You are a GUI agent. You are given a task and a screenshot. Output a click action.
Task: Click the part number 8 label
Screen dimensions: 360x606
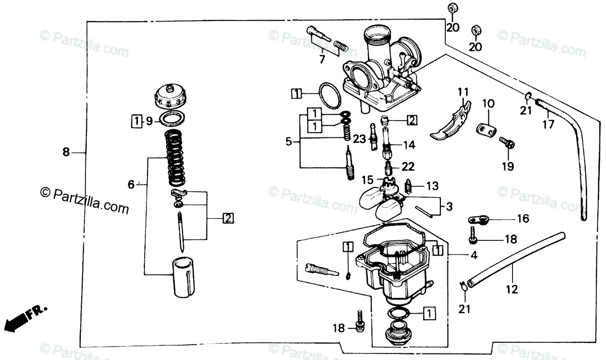point(65,152)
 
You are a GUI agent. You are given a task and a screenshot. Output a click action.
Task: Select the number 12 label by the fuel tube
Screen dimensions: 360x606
point(512,290)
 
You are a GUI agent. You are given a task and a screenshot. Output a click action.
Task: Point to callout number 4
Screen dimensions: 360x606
point(473,255)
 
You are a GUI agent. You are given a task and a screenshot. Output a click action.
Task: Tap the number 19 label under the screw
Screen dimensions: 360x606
point(508,166)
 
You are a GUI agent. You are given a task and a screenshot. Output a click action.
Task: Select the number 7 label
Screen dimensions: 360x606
point(322,60)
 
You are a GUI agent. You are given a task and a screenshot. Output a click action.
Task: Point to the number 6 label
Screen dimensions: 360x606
point(131,185)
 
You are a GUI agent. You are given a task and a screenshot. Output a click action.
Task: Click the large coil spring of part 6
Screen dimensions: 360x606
point(174,157)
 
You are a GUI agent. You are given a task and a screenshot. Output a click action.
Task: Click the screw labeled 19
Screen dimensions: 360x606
point(506,143)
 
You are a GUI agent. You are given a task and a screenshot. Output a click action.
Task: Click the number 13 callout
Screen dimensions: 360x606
point(432,186)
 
